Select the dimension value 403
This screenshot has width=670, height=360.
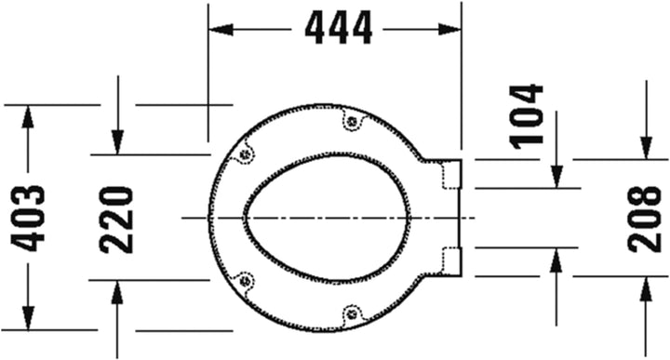coord(28,218)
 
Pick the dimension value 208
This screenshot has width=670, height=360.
coord(644,218)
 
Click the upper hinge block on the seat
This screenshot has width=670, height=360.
coord(450,173)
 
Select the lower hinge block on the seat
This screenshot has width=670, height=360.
coord(450,260)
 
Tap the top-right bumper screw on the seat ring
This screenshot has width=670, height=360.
coord(351,119)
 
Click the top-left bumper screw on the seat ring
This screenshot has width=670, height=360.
coord(245,155)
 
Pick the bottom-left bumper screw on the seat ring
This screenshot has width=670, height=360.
coord(245,278)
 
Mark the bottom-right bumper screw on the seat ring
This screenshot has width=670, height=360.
coord(351,313)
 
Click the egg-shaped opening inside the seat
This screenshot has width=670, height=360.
coord(326,217)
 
